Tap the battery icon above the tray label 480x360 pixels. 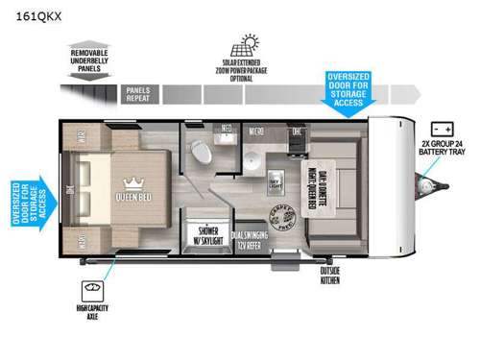tap(444, 128)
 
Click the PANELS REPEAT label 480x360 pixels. tap(138, 93)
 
